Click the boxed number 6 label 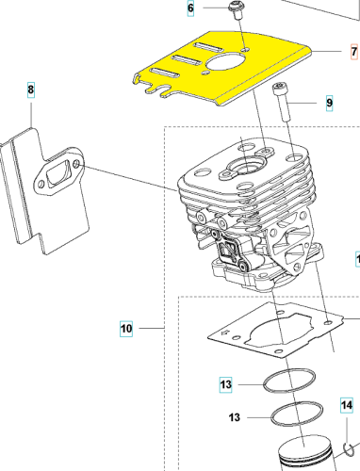point(191,9)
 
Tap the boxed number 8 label point(31,89)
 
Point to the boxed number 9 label point(329,103)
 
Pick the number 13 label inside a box point(225,384)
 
